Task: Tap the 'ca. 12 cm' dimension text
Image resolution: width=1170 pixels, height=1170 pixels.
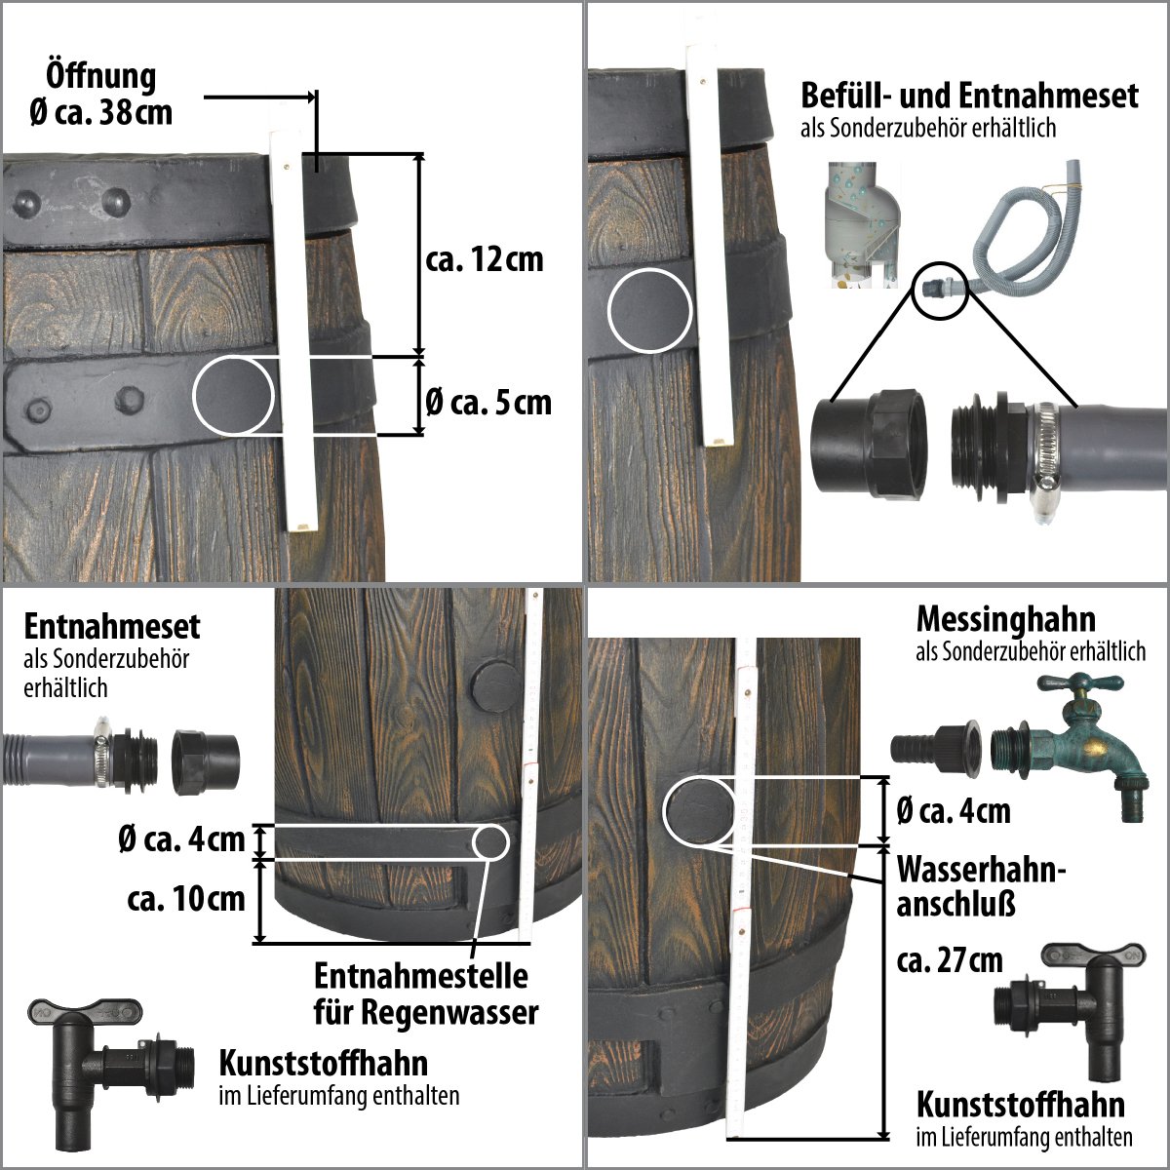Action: tap(485, 260)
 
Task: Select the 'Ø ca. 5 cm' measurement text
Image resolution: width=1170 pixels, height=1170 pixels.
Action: tap(488, 402)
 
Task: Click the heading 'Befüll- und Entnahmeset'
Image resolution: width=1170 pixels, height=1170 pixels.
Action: tap(969, 96)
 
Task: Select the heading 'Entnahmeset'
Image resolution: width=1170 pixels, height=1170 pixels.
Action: tap(112, 625)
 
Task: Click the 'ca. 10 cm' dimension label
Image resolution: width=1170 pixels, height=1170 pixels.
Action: tap(186, 897)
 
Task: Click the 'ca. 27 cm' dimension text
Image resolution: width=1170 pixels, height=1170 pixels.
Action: tap(950, 960)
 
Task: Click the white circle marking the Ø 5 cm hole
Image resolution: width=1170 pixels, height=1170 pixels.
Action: tap(233, 395)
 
